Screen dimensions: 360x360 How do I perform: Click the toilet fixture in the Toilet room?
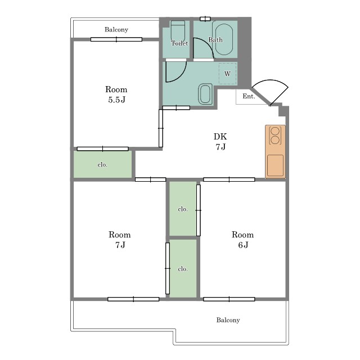pos(178,31)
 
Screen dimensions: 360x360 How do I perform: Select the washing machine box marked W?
pos(227,74)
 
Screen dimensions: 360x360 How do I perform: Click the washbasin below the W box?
pos(205,94)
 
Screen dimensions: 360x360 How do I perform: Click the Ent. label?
pos(249,96)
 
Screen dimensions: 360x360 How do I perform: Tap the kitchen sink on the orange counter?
pos(275,165)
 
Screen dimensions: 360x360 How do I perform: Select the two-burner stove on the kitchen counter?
pos(275,136)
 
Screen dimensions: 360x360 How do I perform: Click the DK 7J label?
pos(220,141)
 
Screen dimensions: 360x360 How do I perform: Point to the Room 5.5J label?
pos(116,94)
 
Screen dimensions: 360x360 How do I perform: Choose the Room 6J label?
pos(242,240)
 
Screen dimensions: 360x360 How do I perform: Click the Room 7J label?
pos(120,240)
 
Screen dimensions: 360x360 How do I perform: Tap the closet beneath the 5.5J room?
pos(102,164)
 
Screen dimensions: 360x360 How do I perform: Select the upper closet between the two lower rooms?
pos(183,209)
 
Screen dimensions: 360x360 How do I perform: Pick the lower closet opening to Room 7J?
pos(183,268)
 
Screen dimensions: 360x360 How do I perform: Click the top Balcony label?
pos(116,30)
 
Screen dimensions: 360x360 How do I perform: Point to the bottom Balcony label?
pos(228,320)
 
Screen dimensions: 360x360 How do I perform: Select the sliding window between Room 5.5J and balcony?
pos(116,39)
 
